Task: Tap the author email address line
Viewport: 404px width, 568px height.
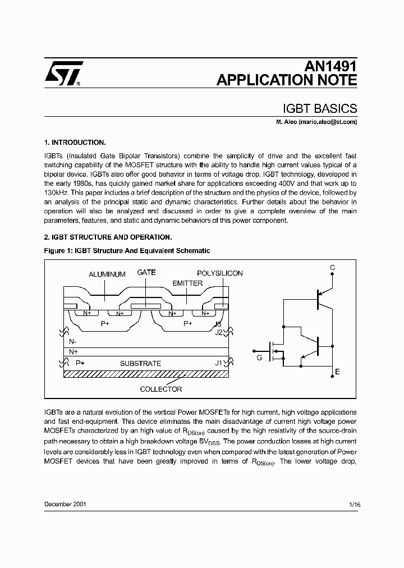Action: pos(316,122)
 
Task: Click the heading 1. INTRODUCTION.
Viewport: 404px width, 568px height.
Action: pos(75,143)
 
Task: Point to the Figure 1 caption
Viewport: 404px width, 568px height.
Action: pos(127,251)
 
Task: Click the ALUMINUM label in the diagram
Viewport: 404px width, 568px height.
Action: pos(107,274)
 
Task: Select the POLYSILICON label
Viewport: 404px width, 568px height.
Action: pos(220,273)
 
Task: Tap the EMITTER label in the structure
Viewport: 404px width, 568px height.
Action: pos(187,283)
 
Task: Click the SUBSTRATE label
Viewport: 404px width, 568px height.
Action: pos(140,363)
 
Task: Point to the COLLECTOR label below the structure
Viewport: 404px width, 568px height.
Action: pos(161,389)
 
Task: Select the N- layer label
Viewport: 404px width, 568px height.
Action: pos(74,341)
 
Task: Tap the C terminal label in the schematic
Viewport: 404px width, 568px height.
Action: pos(332,268)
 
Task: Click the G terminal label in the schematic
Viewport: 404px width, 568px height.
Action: pos(259,357)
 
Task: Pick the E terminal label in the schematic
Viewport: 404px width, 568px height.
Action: pos(337,372)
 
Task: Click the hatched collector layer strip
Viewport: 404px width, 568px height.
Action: pos(146,374)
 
